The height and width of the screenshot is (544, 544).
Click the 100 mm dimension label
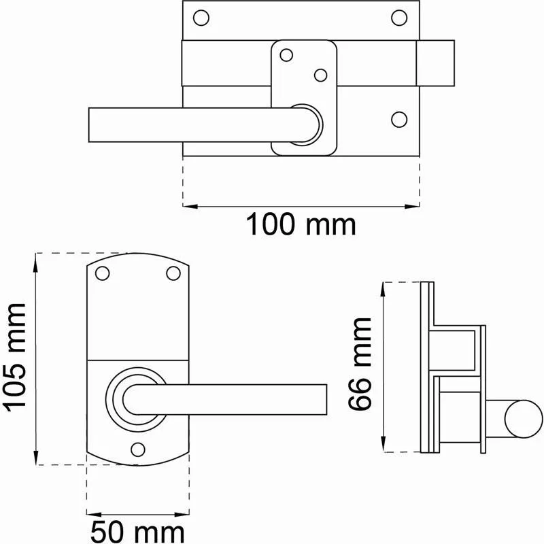(x=301, y=225)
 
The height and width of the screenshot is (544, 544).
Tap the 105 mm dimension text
(x=14, y=358)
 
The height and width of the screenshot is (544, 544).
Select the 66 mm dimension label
(x=360, y=364)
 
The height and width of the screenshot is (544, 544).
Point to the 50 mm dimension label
(x=137, y=532)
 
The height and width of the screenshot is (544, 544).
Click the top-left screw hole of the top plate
(x=201, y=18)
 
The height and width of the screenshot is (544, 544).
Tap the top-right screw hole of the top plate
(x=399, y=18)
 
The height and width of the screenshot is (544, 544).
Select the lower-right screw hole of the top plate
(x=399, y=120)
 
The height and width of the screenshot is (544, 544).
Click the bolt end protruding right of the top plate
(x=435, y=63)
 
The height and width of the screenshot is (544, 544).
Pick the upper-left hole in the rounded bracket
(x=286, y=55)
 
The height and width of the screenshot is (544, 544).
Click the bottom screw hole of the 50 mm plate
(x=138, y=449)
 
